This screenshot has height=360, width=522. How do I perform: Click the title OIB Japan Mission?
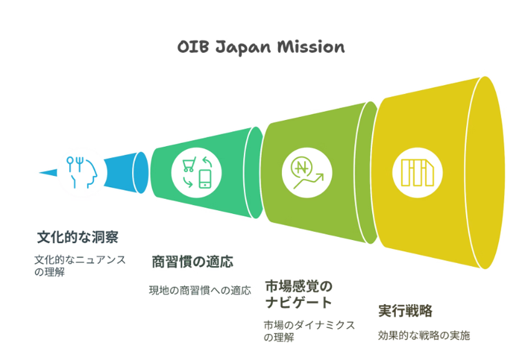pos(261,47)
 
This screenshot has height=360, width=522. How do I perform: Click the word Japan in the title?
pos(243,48)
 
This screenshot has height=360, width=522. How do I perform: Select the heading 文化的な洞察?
pos(78,238)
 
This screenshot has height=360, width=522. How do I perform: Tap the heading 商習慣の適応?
pos(192,262)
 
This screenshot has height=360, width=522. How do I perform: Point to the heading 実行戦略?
pos(405,311)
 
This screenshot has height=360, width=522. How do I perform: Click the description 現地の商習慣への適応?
pos(200,290)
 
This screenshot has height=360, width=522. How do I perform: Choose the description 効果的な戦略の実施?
pos(424,335)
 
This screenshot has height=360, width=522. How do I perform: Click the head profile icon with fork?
pos(82,172)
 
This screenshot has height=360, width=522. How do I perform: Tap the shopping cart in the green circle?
pos(189,164)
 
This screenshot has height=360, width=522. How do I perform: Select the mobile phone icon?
pos(205,179)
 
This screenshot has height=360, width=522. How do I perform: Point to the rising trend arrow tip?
pos(322,174)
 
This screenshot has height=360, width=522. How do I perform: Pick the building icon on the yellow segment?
pos(417,172)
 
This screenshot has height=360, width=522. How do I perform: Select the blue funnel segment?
pos(126,172)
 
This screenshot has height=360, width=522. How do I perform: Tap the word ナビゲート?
pos(299,302)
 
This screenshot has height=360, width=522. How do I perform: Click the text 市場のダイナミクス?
pos(310,325)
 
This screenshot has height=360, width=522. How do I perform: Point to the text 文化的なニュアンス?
pos(80,259)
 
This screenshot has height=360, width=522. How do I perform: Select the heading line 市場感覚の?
pos(299,286)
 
